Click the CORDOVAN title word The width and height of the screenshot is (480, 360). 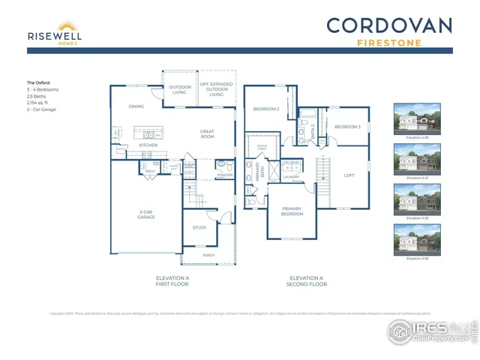tap(389, 25)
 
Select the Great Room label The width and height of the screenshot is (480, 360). tap(207, 134)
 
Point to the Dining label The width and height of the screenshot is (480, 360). tap(136, 106)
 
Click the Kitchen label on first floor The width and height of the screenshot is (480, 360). tap(148, 145)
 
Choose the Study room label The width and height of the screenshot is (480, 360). tap(199, 227)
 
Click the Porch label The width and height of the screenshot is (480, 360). tap(208, 256)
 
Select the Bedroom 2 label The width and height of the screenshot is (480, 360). tap(267, 109)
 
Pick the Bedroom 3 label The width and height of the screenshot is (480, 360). tap(348, 127)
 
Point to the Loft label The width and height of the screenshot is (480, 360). tap(349, 175)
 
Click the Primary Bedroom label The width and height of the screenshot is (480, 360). tap(292, 211)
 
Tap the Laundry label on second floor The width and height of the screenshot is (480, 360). tap(291, 178)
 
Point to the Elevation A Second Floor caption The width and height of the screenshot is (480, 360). tap(307, 281)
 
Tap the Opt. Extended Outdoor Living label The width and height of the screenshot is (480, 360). tap(216, 89)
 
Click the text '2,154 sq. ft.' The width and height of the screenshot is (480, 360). tap(41, 103)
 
